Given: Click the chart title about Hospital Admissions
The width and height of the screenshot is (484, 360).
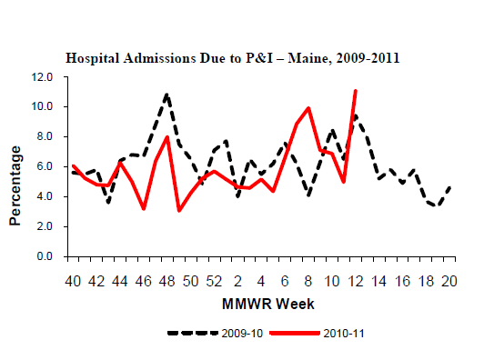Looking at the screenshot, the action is pos(233,58).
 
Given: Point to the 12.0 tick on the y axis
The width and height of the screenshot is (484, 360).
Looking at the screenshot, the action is pos(42,76).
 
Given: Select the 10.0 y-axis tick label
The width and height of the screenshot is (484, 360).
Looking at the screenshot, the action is pos(42,106).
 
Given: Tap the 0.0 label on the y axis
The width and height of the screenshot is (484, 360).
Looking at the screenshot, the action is pos(45,256).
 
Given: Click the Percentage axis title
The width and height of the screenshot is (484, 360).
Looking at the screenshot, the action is pos(15,185).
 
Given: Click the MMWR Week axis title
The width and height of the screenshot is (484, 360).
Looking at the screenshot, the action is pos(267,304).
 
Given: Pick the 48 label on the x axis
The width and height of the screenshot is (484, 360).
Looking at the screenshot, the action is pos(167,281).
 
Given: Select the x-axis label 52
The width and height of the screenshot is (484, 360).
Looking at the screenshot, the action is pos(214,281).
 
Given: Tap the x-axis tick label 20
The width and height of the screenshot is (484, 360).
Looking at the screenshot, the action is pos(449,281).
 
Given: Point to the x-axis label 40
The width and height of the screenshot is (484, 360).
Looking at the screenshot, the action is pos(73,281).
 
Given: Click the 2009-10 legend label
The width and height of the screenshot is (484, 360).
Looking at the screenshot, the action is pos(242,334).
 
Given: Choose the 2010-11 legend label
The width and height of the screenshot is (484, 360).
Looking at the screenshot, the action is pos(344,334).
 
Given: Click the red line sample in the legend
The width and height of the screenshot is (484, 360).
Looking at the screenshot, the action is pos(295,333).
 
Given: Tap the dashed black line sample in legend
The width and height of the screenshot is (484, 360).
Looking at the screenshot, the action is pos(193,333).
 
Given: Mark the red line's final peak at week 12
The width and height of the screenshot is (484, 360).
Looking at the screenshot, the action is pos(356,91).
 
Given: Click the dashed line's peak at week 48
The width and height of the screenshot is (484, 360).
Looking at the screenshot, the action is pos(167,95).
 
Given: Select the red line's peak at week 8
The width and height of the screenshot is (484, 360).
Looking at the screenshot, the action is pos(308,108).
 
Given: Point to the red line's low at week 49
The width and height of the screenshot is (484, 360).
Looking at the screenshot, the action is pos(179,211).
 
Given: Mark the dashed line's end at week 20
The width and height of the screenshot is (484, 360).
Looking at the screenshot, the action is pos(450,187).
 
